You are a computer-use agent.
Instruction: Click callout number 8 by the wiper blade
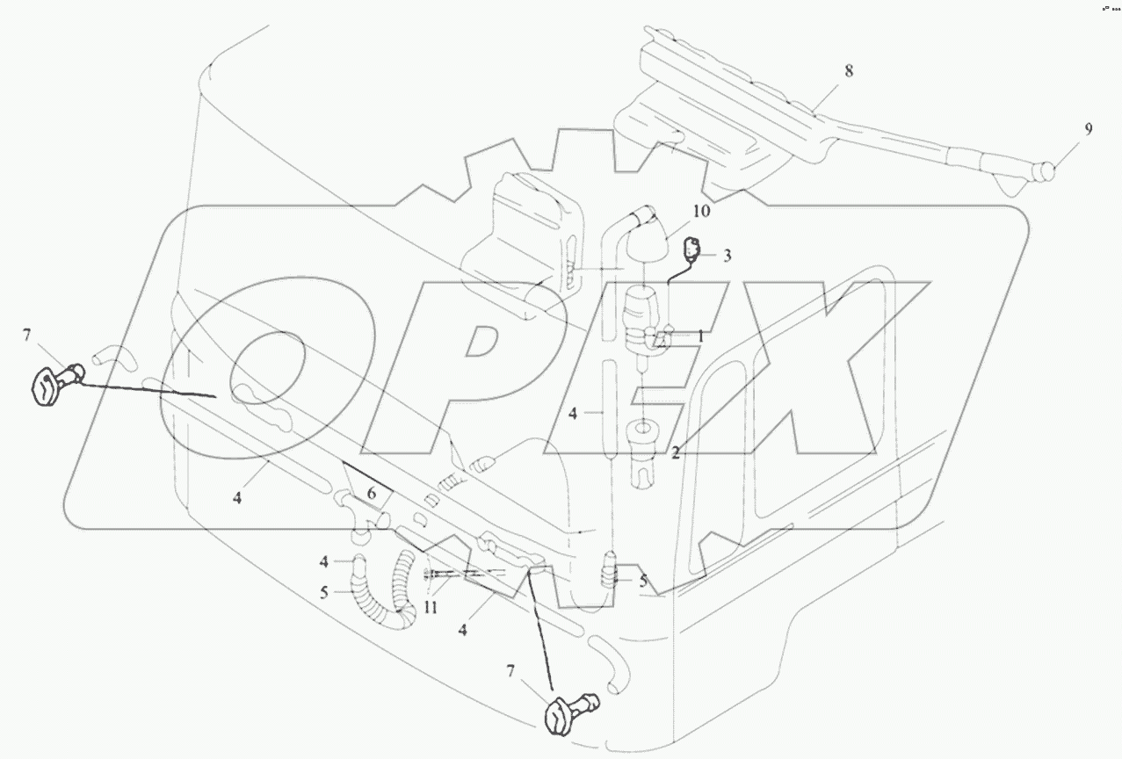(848, 71)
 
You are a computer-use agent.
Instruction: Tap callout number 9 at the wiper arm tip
(1088, 129)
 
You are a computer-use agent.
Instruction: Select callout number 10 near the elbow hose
(700, 212)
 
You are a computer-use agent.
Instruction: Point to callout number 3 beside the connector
(727, 256)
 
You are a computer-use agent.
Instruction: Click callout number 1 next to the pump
(700, 335)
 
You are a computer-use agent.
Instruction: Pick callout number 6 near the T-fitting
(372, 495)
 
